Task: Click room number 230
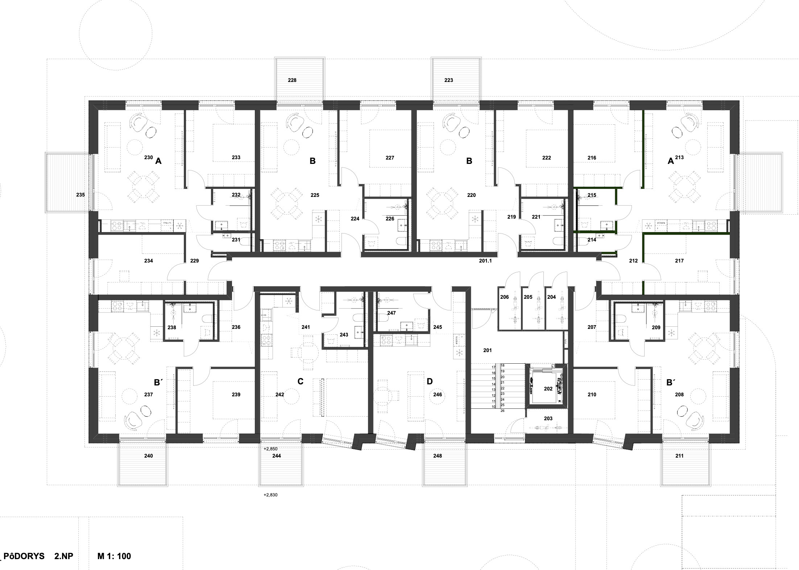(x=148, y=157)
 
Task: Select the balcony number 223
(x=448, y=80)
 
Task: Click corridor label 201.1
(x=485, y=261)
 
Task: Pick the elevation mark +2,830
(x=270, y=495)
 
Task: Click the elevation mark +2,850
(x=270, y=449)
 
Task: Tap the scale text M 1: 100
(x=114, y=556)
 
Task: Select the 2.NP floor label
(x=64, y=556)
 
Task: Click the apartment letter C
(x=300, y=381)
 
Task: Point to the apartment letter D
(x=430, y=381)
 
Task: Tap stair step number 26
(x=502, y=411)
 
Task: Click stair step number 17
(x=493, y=367)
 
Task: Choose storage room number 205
(x=528, y=297)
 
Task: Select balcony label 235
(x=80, y=195)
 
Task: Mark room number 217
(x=679, y=261)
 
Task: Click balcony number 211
(x=679, y=456)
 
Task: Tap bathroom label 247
(x=392, y=313)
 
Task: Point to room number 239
(x=236, y=395)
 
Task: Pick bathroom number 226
(x=390, y=219)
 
